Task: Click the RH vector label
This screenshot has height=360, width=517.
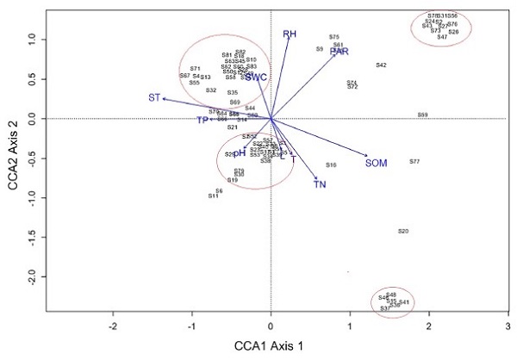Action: [290, 34]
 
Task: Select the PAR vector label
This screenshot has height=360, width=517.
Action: [339, 53]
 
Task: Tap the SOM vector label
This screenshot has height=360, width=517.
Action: [377, 163]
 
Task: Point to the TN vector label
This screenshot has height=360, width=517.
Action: [320, 184]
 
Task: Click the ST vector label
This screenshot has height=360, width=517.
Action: [154, 97]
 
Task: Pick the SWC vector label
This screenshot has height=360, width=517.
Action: [256, 78]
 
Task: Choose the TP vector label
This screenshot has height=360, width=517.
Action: [202, 121]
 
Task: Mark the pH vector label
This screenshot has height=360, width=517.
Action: [240, 152]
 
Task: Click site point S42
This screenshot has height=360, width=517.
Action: [381, 65]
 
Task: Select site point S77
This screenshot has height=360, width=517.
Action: [414, 161]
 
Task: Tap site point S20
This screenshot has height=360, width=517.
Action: [403, 231]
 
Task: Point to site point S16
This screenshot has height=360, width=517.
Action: [331, 164]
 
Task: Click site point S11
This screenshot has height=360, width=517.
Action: [213, 196]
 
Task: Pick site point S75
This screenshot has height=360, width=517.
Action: [334, 37]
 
